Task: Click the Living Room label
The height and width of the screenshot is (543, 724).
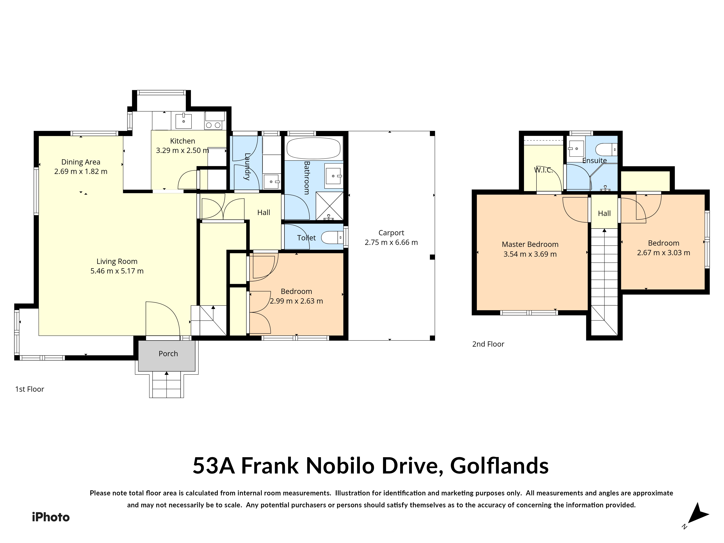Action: [x=117, y=261]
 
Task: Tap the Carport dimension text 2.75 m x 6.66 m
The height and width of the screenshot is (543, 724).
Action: [x=391, y=243]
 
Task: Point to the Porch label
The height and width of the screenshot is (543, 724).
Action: [x=168, y=353]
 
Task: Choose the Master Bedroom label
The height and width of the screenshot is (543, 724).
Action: [x=530, y=244]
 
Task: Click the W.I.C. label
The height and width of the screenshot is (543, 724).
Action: [x=543, y=170]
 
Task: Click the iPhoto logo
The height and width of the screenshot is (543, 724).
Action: [x=51, y=517]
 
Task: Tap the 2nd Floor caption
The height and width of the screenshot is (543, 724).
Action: [x=488, y=344]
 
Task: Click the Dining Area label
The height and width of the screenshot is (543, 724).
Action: [x=81, y=162]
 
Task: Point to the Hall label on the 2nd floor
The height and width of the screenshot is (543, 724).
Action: [x=604, y=213]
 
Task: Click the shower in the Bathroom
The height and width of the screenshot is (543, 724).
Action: [x=329, y=206]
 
